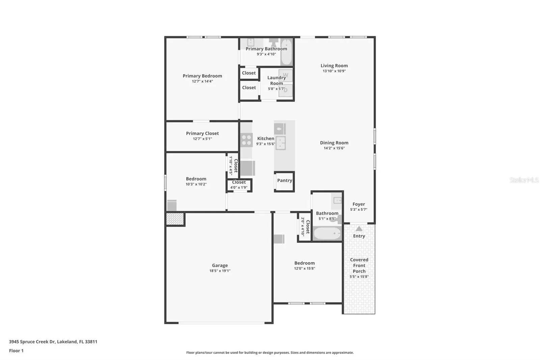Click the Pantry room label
(x=285, y=180)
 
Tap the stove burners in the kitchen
(x=246, y=140)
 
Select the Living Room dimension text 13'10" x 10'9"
(x=334, y=71)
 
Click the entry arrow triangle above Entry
(x=359, y=228)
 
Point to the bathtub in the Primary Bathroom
(x=286, y=52)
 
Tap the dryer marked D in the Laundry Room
(x=286, y=90)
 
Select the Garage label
(x=220, y=265)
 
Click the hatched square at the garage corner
(x=175, y=219)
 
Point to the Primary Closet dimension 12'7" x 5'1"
(x=202, y=139)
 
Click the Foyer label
(x=359, y=204)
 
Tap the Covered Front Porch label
(x=359, y=265)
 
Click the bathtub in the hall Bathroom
(x=327, y=234)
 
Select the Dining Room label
(x=334, y=143)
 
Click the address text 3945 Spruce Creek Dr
(x=32, y=342)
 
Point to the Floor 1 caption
(x=16, y=351)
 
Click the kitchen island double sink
(x=280, y=143)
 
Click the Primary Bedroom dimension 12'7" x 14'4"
(x=202, y=81)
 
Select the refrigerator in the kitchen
(x=248, y=168)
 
